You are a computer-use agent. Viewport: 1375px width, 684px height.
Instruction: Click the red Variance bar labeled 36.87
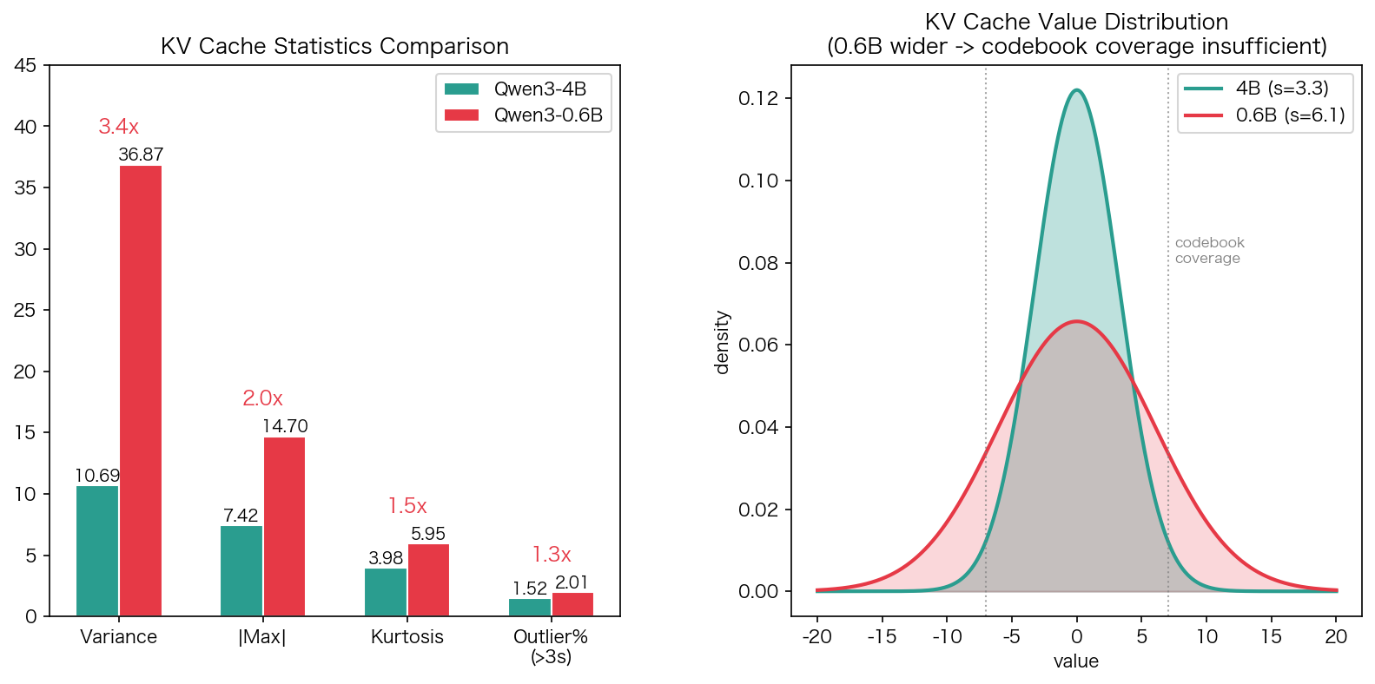coord(141,391)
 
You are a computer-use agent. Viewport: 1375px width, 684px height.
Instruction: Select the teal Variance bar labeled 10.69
coord(97,551)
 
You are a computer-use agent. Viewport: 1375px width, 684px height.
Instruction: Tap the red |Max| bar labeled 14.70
coord(284,527)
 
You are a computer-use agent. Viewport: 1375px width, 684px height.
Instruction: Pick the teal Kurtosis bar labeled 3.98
coord(386,592)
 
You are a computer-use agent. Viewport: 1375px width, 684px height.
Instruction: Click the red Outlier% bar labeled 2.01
coord(572,604)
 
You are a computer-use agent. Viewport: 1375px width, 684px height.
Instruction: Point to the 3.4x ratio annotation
coord(119,127)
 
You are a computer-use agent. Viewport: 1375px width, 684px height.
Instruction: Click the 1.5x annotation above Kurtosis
coord(407,506)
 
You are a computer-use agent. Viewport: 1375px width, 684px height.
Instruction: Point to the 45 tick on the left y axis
coord(26,66)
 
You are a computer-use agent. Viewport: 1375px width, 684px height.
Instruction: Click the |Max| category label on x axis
coord(262,637)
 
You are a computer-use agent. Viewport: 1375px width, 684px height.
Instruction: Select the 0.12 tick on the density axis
coord(758,98)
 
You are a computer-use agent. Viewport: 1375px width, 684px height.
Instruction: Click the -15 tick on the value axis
coord(882,637)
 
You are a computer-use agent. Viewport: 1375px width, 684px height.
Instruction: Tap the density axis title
coord(722,342)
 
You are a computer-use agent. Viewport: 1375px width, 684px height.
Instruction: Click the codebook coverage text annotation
coord(1209,251)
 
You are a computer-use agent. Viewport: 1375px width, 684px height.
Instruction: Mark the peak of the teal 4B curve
coord(1077,90)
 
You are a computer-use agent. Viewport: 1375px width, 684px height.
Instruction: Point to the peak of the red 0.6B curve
coord(1077,321)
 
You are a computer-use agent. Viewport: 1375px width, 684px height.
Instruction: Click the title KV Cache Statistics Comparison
coord(334,46)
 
